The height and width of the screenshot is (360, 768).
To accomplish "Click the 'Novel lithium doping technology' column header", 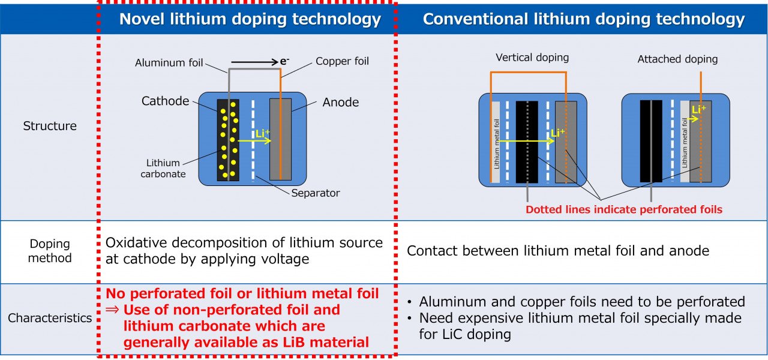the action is [x=250, y=19].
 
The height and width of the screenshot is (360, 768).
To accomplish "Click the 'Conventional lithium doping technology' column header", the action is [x=584, y=19].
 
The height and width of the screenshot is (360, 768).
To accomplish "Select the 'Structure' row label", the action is [x=50, y=126].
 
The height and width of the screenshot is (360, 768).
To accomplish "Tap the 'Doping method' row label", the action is [x=50, y=251].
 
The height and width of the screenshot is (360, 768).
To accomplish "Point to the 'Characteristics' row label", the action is [x=50, y=318].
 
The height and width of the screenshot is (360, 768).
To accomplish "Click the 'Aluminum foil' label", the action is [x=169, y=63].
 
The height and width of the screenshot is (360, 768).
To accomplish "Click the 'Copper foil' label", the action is [x=342, y=61].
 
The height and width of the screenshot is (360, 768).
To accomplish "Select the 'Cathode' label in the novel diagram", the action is [x=165, y=101].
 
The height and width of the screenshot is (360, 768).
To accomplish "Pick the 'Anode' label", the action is [x=340, y=102].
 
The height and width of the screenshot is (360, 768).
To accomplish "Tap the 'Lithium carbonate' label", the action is [x=163, y=169].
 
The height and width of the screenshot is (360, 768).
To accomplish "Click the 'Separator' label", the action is [x=316, y=193].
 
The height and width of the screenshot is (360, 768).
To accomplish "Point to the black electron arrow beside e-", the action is [x=254, y=62].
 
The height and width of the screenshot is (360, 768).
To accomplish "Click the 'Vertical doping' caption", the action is [x=532, y=57].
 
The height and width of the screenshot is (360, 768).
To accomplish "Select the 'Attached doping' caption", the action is [x=677, y=59].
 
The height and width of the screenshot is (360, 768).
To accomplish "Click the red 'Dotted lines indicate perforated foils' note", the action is [x=624, y=209].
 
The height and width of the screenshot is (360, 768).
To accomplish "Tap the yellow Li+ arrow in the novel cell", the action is [x=254, y=140].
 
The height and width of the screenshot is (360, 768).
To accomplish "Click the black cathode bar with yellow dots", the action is [x=228, y=140].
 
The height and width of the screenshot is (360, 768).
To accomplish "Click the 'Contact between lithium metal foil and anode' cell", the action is [x=558, y=251].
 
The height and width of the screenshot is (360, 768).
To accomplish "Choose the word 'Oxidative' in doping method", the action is [x=136, y=243].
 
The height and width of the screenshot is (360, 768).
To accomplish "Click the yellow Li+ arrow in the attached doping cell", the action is [x=692, y=119].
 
